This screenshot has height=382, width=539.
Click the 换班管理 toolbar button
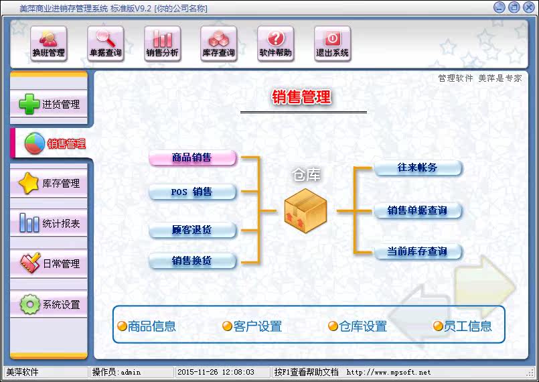pos(49,44)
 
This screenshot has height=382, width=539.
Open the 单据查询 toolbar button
pos(106,44)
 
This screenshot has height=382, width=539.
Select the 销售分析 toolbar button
pos(163,44)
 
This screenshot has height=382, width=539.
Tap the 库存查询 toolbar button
pos(219,44)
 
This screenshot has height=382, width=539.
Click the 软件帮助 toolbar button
pos(276,44)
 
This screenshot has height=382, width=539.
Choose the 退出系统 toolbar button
pos(333,44)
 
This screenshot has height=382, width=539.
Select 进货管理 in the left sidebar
pos(50,104)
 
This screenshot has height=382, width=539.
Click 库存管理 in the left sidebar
pos(50,183)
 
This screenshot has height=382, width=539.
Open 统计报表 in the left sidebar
pos(50,223)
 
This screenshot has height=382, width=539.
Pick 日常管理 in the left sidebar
pos(50,263)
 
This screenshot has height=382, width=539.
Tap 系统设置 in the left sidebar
pos(50,304)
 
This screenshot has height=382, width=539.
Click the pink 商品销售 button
pos(193,158)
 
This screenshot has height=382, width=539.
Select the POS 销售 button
pos(193,192)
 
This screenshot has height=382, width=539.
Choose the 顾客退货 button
pos(193,230)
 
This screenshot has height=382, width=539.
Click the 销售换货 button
pos(193,261)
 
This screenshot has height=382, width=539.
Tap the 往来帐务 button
pos(418,168)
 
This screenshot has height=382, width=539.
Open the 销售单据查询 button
pos(418,210)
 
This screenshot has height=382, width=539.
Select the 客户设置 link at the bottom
pos(252,326)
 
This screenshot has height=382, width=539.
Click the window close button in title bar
pos(528,7)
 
